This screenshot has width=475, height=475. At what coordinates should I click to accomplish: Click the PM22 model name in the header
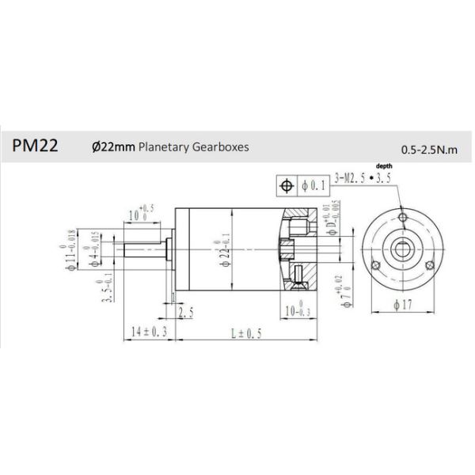coord(34,146)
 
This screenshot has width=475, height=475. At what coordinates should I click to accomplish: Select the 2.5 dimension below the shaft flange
coord(187,313)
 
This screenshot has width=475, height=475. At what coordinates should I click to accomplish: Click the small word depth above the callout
coord(384,165)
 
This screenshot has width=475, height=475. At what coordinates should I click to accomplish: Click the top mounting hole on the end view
coord(404,216)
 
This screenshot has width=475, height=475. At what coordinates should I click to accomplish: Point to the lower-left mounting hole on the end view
coord(378,264)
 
